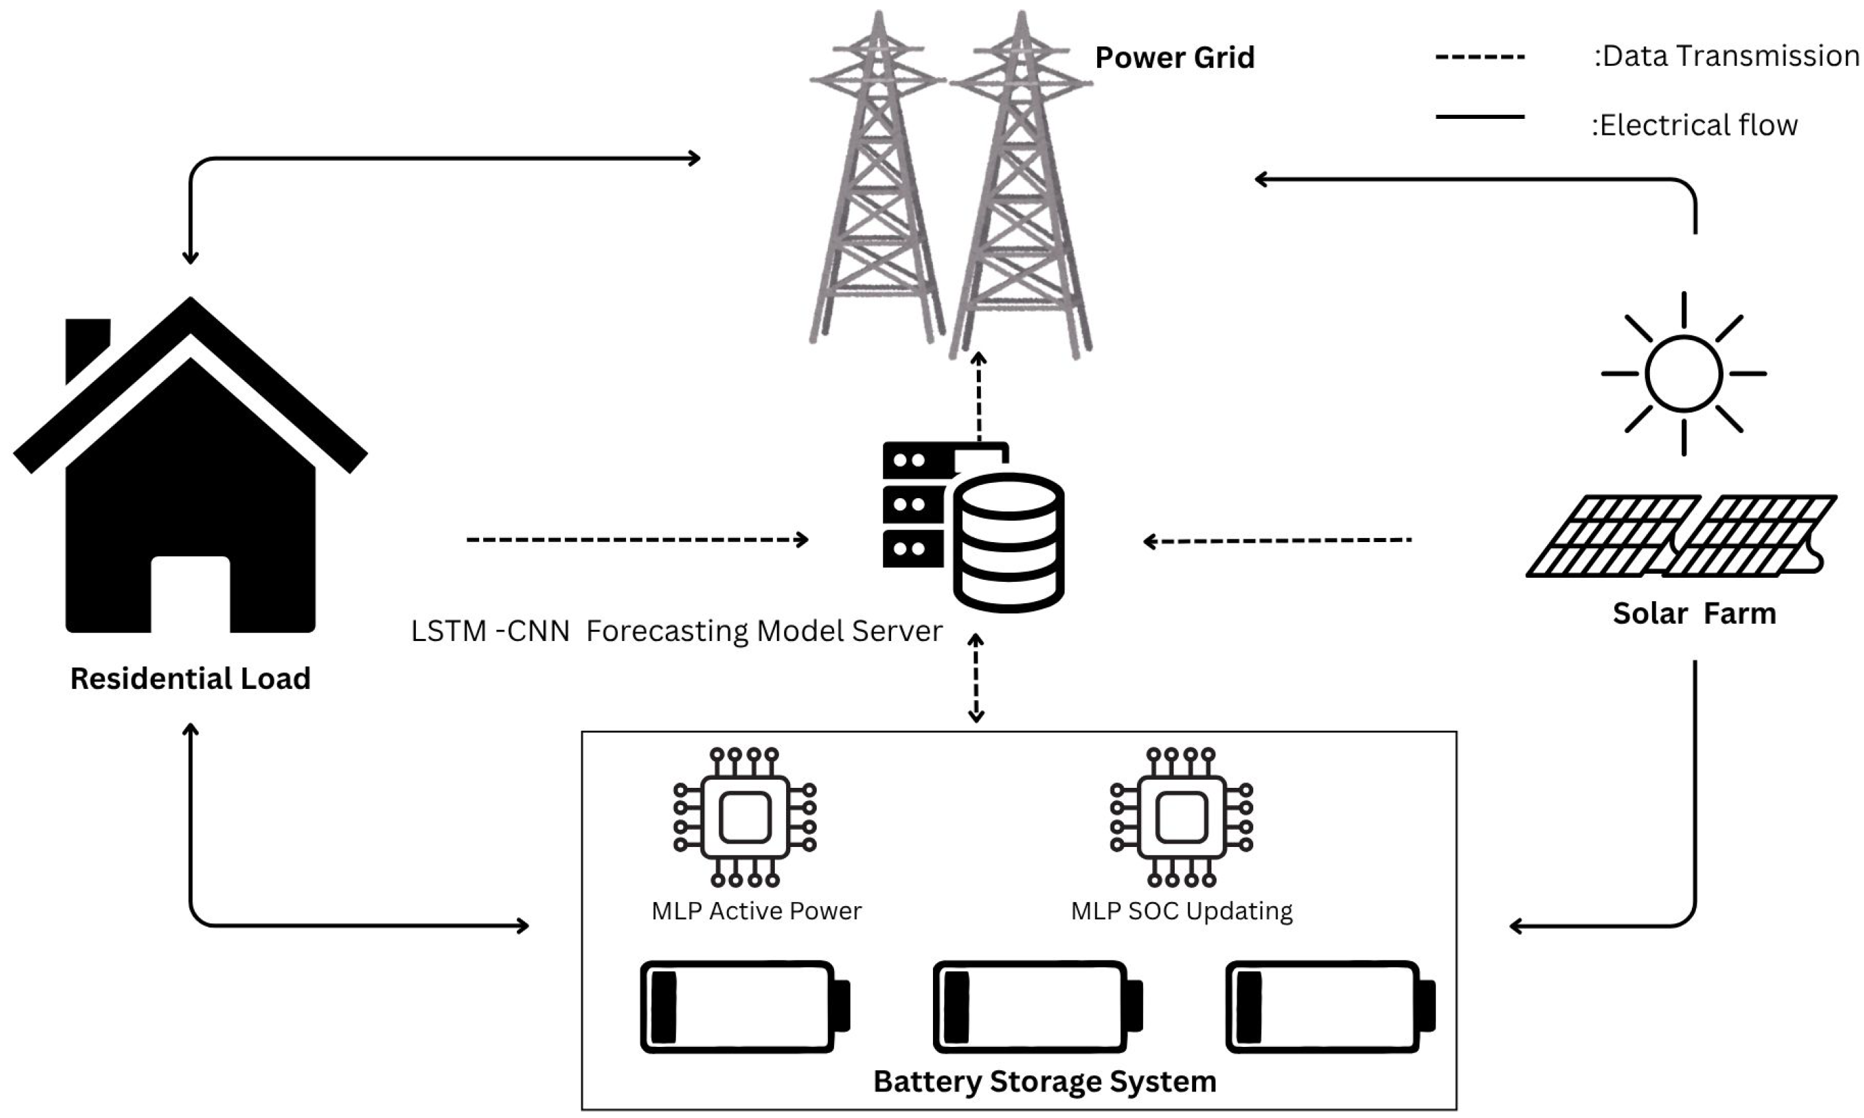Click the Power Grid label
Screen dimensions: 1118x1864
(1174, 58)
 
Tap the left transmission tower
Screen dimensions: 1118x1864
(877, 189)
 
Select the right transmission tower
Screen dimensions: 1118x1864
(1020, 189)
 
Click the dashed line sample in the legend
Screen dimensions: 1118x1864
(1479, 57)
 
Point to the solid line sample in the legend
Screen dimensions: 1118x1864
(1479, 117)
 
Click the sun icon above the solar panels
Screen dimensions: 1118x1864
(1683, 374)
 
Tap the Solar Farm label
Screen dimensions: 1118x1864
(1694, 613)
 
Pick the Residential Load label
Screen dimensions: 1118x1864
(190, 679)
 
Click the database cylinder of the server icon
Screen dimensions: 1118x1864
(1008, 543)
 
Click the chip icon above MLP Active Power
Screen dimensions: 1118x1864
(744, 817)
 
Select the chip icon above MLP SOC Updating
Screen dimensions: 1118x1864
(1181, 817)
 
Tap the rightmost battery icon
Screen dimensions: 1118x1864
(1330, 1006)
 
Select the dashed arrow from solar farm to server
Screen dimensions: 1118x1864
(1277, 540)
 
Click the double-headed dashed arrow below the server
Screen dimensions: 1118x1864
(976, 678)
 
